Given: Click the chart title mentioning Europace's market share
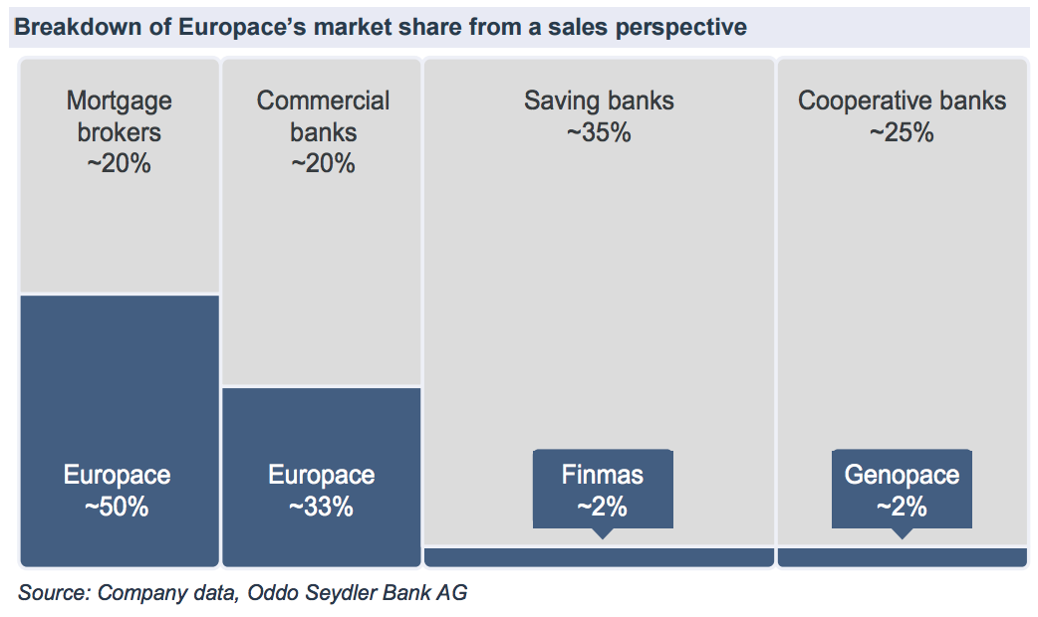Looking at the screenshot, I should tap(379, 28).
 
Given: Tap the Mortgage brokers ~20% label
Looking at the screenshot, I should tap(120, 132).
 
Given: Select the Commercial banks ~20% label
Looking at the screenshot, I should tap(323, 132).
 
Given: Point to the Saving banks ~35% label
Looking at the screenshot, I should tap(599, 116).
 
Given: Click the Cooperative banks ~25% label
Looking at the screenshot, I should tap(902, 116).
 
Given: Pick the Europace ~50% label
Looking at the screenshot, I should tap(118, 491).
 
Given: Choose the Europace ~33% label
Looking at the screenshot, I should tap(322, 491).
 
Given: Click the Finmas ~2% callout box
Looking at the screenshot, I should tap(603, 490).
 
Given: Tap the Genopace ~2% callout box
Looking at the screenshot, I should tap(902, 490).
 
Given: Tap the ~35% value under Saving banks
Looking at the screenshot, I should tap(599, 132).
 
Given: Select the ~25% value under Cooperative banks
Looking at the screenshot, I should tap(902, 132).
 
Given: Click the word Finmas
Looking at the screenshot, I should tap(603, 475).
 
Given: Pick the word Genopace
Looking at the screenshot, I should tap(902, 475).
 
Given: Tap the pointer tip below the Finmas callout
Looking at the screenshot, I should tap(602, 534).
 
